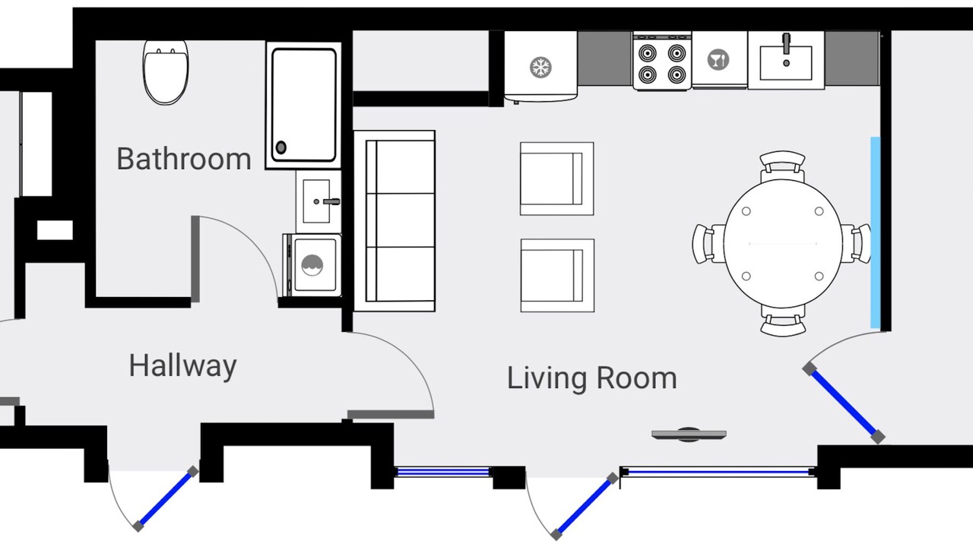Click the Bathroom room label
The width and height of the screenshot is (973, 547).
184,159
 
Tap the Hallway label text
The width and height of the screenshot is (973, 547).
182,366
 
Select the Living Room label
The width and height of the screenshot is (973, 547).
592,378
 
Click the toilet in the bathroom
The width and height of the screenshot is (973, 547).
166,73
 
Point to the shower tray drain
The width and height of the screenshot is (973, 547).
281,147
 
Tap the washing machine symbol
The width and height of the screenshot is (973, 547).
312,265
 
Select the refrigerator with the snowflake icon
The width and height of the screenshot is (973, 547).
540,68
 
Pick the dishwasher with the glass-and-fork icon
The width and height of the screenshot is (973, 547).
719,60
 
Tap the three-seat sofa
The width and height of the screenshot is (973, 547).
395,221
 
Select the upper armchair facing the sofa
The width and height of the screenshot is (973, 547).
557,179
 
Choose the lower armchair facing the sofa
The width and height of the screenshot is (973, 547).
557,275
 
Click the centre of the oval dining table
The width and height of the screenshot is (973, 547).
783,244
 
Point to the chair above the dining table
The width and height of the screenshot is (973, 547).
782,166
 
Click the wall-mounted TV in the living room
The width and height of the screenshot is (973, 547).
689,435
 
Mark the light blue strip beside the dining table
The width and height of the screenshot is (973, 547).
875,232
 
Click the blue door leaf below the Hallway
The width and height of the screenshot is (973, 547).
166,499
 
